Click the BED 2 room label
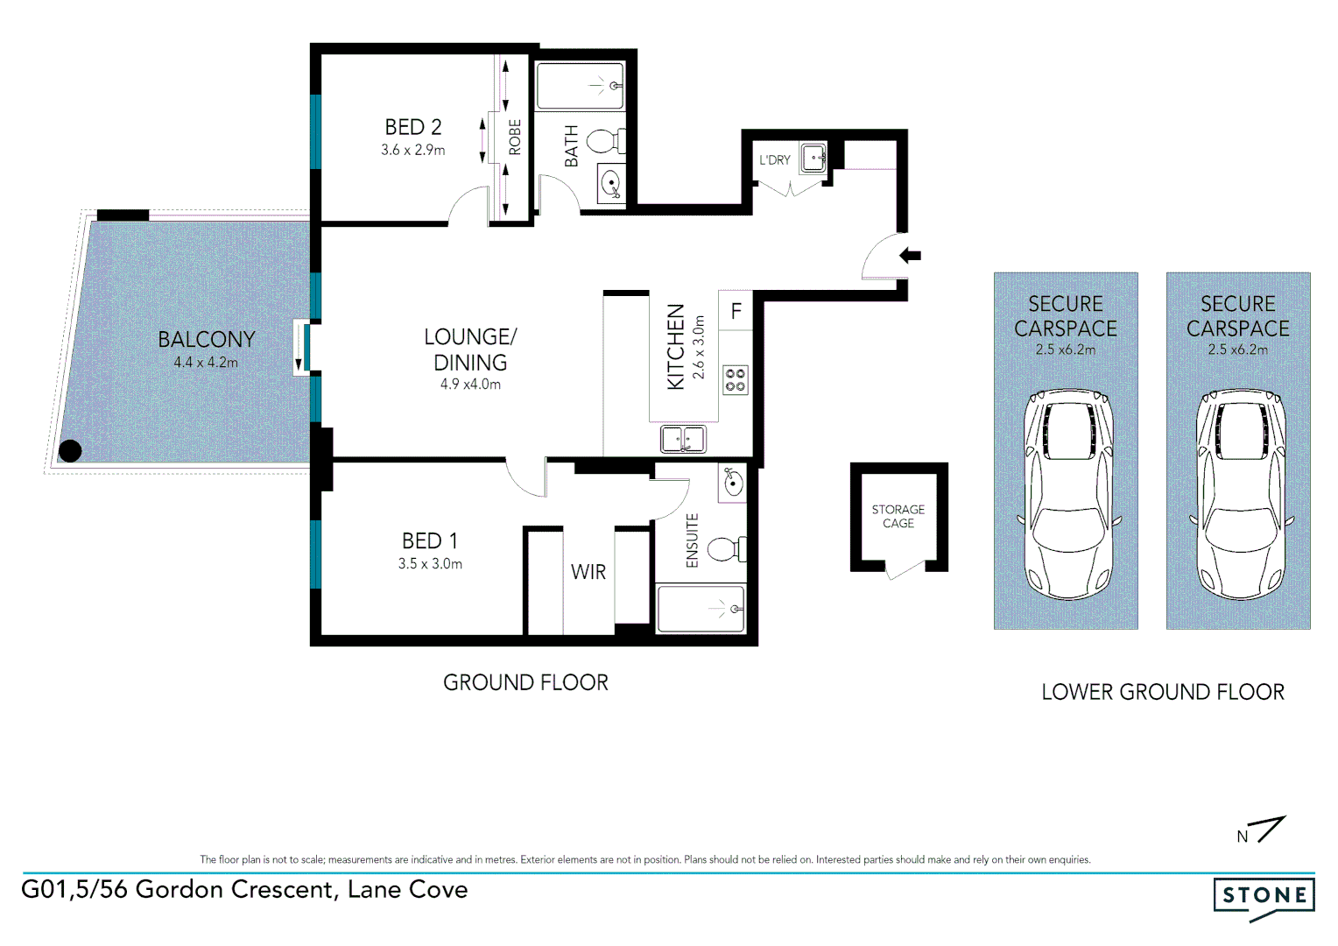[413, 128]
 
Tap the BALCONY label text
[206, 340]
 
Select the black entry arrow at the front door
[911, 256]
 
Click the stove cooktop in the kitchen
[736, 380]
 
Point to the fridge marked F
[736, 311]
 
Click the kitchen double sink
[683, 438]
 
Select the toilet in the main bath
[603, 140]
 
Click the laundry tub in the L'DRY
[814, 159]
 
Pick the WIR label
[588, 573]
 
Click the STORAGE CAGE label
[898, 516]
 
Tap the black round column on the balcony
[70, 451]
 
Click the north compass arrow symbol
[1269, 829]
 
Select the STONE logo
[1264, 896]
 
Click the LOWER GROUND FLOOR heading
[1162, 692]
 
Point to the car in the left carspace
[1066, 495]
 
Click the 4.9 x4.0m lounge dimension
[470, 385]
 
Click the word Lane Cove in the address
[407, 890]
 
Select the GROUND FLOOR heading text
[525, 682]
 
